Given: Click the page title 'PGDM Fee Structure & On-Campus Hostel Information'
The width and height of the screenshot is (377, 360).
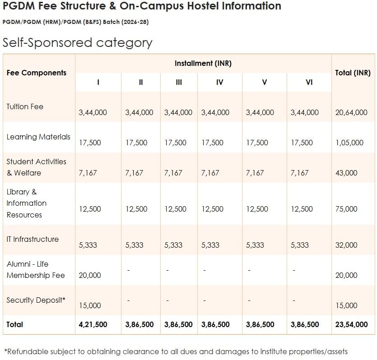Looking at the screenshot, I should pyautogui.click(x=142, y=6).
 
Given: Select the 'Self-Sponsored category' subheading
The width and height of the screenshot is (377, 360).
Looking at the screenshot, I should pyautogui.click(x=77, y=43).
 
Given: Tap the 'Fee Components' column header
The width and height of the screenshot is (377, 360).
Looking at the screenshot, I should pyautogui.click(x=37, y=73).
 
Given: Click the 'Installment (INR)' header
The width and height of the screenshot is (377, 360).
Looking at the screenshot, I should pyautogui.click(x=203, y=64).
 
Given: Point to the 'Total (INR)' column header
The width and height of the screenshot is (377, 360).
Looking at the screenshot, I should pyautogui.click(x=353, y=73).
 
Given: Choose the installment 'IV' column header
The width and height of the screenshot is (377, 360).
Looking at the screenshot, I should pyautogui.click(x=219, y=82).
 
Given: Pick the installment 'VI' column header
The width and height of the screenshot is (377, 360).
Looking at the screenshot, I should pyautogui.click(x=309, y=82).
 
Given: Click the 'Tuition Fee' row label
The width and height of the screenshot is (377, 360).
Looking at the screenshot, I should pyautogui.click(x=25, y=107).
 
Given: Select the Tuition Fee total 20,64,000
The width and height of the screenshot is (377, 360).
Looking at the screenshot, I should pyautogui.click(x=351, y=113).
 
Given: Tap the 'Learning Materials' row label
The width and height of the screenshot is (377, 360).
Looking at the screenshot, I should pyautogui.click(x=38, y=137).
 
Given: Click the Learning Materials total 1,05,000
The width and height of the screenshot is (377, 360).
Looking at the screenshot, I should pyautogui.click(x=349, y=143).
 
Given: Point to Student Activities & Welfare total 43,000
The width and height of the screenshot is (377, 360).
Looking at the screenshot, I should pyautogui.click(x=346, y=173).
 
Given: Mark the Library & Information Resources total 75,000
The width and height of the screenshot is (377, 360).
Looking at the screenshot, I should pyautogui.click(x=346, y=209).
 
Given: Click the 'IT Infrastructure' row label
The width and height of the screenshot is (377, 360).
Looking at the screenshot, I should pyautogui.click(x=33, y=239).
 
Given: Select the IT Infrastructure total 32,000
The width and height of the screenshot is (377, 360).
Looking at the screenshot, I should pyautogui.click(x=346, y=245).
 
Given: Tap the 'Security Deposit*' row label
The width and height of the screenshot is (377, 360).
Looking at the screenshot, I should pyautogui.click(x=36, y=300).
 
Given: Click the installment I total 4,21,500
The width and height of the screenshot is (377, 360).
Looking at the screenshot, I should pyautogui.click(x=93, y=324).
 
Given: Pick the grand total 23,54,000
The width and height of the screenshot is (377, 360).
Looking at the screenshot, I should pyautogui.click(x=351, y=324).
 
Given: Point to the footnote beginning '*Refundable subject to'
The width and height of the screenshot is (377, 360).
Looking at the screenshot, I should pyautogui.click(x=176, y=351).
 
